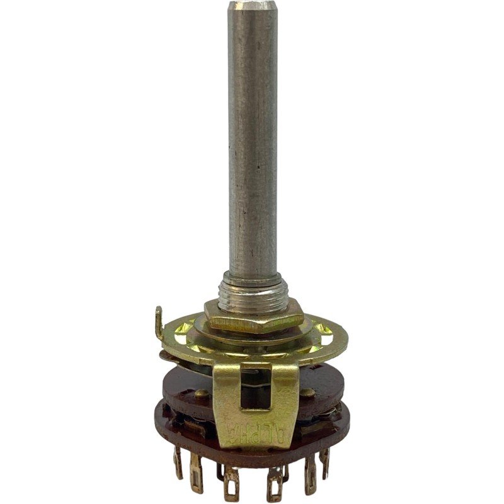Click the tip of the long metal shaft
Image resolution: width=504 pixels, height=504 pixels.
pyautogui.click(x=253, y=4)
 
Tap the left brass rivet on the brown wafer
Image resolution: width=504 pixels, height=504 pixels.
pyautogui.click(x=202, y=393)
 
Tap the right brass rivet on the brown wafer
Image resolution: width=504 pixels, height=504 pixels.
pyautogui.click(x=307, y=392)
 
